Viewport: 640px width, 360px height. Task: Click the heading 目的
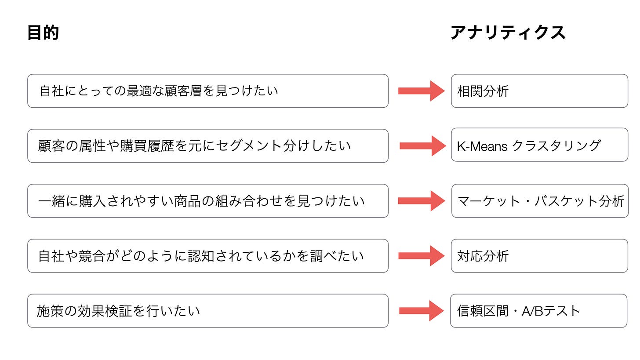tap(43, 33)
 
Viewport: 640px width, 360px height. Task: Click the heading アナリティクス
tap(508, 33)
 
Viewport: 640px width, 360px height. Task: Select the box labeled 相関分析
tap(539, 91)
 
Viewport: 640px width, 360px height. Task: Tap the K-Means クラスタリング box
tap(539, 145)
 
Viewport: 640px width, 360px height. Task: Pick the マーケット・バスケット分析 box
tap(540, 201)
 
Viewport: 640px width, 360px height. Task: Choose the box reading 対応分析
tap(539, 256)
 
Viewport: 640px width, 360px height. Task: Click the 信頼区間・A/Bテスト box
tap(538, 311)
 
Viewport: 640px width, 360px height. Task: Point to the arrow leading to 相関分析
tap(421, 91)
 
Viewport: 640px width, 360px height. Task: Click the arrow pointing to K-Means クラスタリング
tap(422, 145)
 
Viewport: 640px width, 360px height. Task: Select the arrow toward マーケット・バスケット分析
tap(421, 201)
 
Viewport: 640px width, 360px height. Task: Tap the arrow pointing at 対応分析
tap(421, 256)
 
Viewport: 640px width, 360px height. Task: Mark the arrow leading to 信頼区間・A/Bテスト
tap(421, 311)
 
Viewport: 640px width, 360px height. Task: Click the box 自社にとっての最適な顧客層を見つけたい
tap(207, 91)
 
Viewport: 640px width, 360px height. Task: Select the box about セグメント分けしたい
tap(207, 146)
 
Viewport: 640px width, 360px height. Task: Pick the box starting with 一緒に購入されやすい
tap(207, 201)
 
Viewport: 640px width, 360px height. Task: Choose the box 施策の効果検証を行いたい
tap(207, 311)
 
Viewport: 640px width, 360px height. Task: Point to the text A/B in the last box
tap(532, 311)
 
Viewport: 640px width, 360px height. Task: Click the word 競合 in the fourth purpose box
tap(93, 256)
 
